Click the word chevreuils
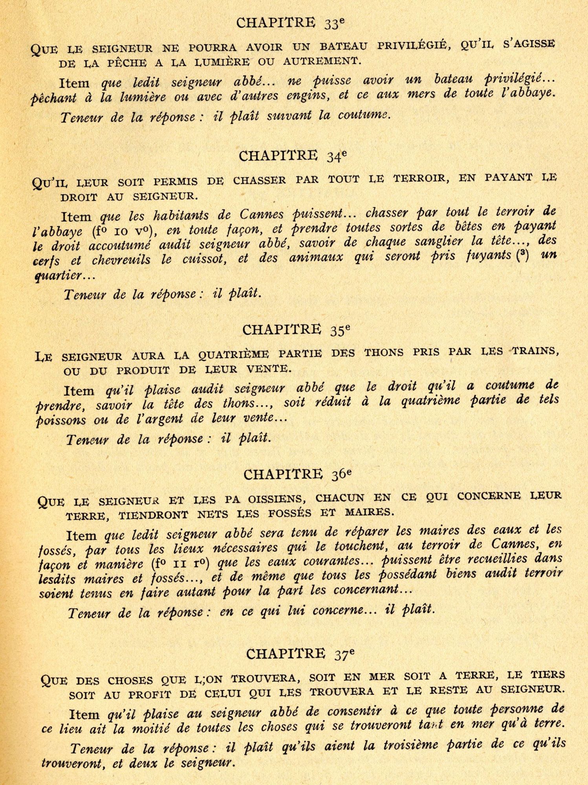(121, 260)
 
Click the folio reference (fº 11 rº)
(180, 564)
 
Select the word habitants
(180, 215)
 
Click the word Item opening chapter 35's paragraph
(79, 391)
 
